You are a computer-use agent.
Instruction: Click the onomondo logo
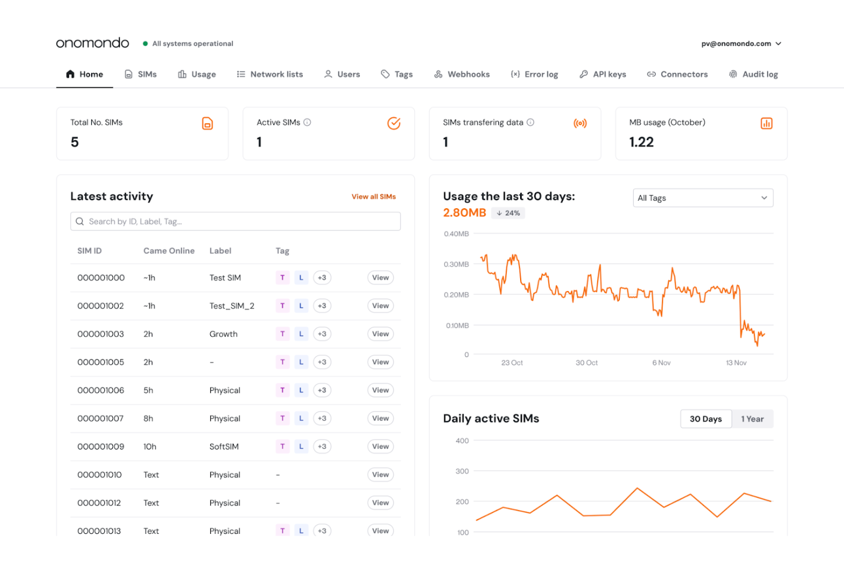[x=92, y=43]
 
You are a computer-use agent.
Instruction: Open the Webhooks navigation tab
[x=462, y=74]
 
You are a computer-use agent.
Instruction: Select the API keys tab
[x=603, y=74]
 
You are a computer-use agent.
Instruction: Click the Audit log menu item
[x=753, y=74]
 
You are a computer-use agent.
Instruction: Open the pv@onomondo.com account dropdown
[x=741, y=43]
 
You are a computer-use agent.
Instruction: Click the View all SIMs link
[x=374, y=197]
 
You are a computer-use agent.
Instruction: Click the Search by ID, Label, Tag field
[x=235, y=221]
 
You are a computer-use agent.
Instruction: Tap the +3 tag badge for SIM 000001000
[x=322, y=278]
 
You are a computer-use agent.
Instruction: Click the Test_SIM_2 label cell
[x=232, y=306]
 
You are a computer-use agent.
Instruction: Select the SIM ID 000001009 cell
[x=101, y=447]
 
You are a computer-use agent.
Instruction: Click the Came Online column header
[x=169, y=251]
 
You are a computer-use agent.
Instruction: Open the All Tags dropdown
[x=703, y=198]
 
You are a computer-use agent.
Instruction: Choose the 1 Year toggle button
[x=752, y=419]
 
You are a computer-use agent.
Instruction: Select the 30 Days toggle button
[x=705, y=419]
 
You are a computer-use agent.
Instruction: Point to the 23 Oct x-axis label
[x=512, y=363]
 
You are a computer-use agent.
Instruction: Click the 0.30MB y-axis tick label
[x=456, y=265]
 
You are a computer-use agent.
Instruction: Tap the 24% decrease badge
[x=508, y=213]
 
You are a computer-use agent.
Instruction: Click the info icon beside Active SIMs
[x=307, y=122]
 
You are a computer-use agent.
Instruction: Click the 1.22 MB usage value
[x=642, y=142]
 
